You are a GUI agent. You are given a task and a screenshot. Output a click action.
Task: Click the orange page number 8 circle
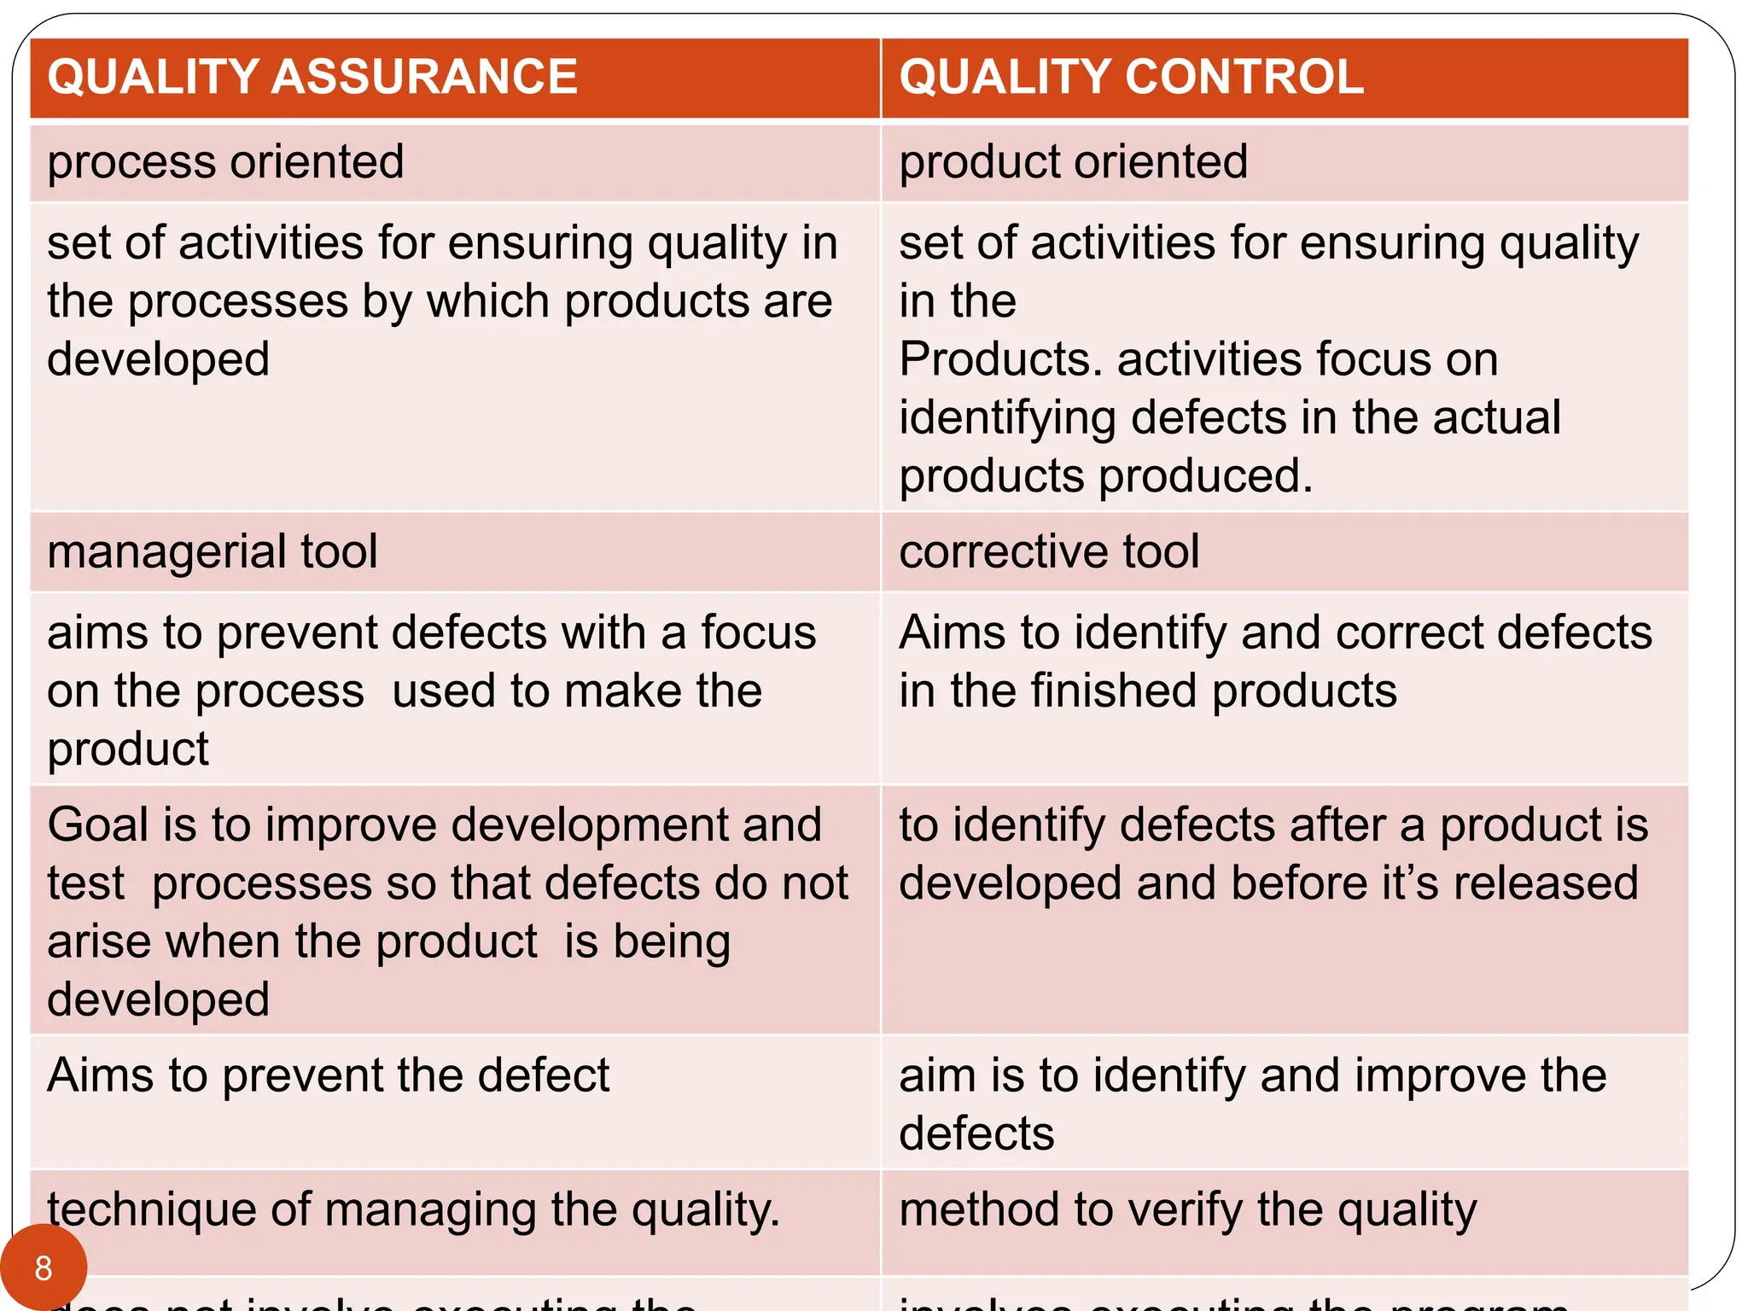[x=44, y=1268]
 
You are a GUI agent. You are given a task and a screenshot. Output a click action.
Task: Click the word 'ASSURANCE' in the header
[x=424, y=77]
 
